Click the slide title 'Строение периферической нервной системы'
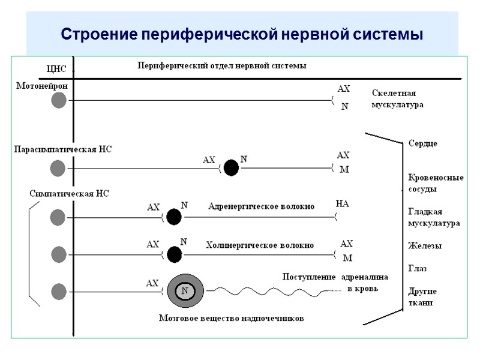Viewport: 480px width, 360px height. pos(242,34)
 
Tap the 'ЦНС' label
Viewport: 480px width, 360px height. pos(56,68)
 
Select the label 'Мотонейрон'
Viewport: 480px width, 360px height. pos(42,86)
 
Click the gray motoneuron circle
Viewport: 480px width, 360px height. pos(58,100)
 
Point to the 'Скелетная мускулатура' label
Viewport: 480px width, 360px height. pos(397,99)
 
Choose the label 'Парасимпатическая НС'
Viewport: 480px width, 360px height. pos(63,149)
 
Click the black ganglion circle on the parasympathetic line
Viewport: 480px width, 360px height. pos(230,167)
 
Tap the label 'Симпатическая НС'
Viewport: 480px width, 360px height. pos(69,193)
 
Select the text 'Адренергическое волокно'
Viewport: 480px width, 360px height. pos(261,206)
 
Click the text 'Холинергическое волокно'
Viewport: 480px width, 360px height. pos(259,245)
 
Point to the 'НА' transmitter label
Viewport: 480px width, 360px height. pos(342,204)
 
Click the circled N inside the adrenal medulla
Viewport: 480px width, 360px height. pos(185,291)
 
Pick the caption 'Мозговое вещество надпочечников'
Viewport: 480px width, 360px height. pos(231,318)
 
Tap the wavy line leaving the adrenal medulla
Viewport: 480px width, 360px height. pos(270,292)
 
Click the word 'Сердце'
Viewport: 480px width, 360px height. pos(422,143)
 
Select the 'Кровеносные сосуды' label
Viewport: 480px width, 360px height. pos(436,183)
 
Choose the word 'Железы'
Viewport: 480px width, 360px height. pos(425,245)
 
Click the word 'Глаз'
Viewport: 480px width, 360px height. pos(418,268)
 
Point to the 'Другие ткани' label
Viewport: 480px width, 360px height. pos(422,297)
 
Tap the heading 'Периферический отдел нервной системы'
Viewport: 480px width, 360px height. pos(222,65)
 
